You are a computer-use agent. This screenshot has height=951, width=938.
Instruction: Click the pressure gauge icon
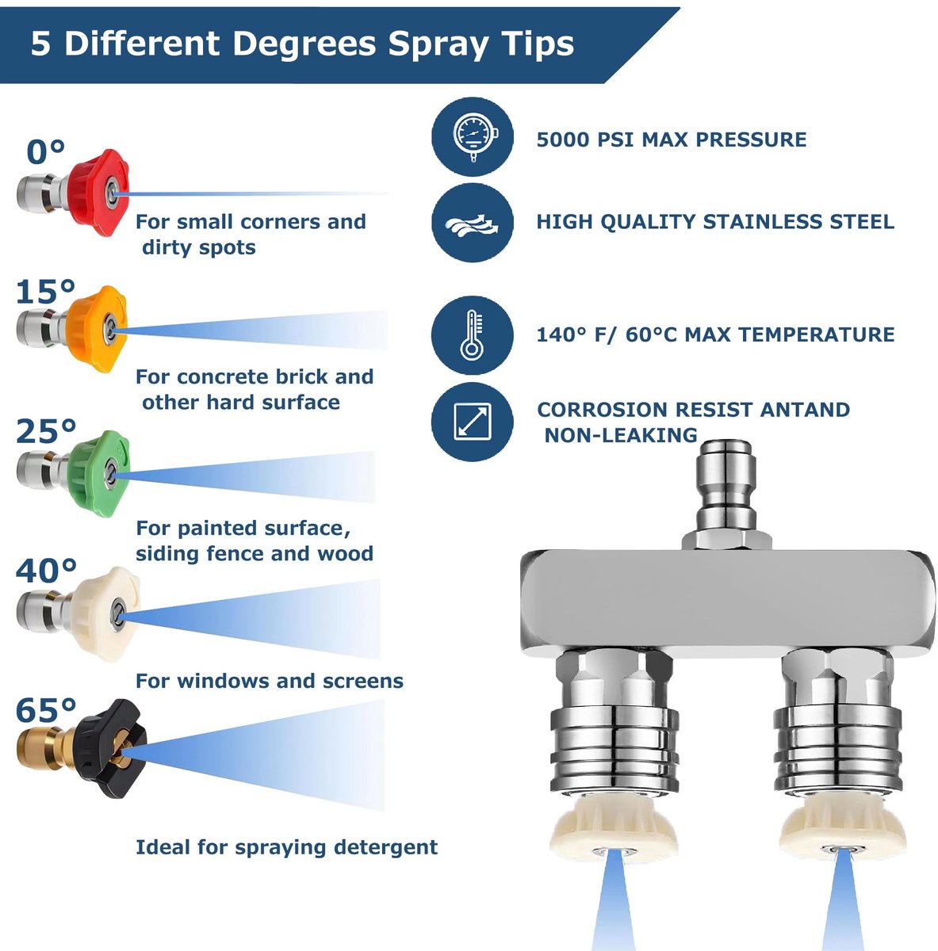click(473, 136)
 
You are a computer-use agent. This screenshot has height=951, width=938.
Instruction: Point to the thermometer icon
click(472, 335)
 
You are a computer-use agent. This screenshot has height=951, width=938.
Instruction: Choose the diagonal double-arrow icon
click(473, 422)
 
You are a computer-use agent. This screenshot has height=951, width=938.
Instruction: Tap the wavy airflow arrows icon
click(473, 223)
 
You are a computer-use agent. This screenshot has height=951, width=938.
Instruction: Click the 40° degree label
click(47, 571)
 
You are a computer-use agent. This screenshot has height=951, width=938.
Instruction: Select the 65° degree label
click(47, 709)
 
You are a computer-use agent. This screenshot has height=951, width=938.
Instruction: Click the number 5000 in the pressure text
click(562, 139)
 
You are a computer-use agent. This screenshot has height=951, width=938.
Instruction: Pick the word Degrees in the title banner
click(304, 44)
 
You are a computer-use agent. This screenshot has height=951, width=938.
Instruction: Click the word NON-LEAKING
click(621, 435)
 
